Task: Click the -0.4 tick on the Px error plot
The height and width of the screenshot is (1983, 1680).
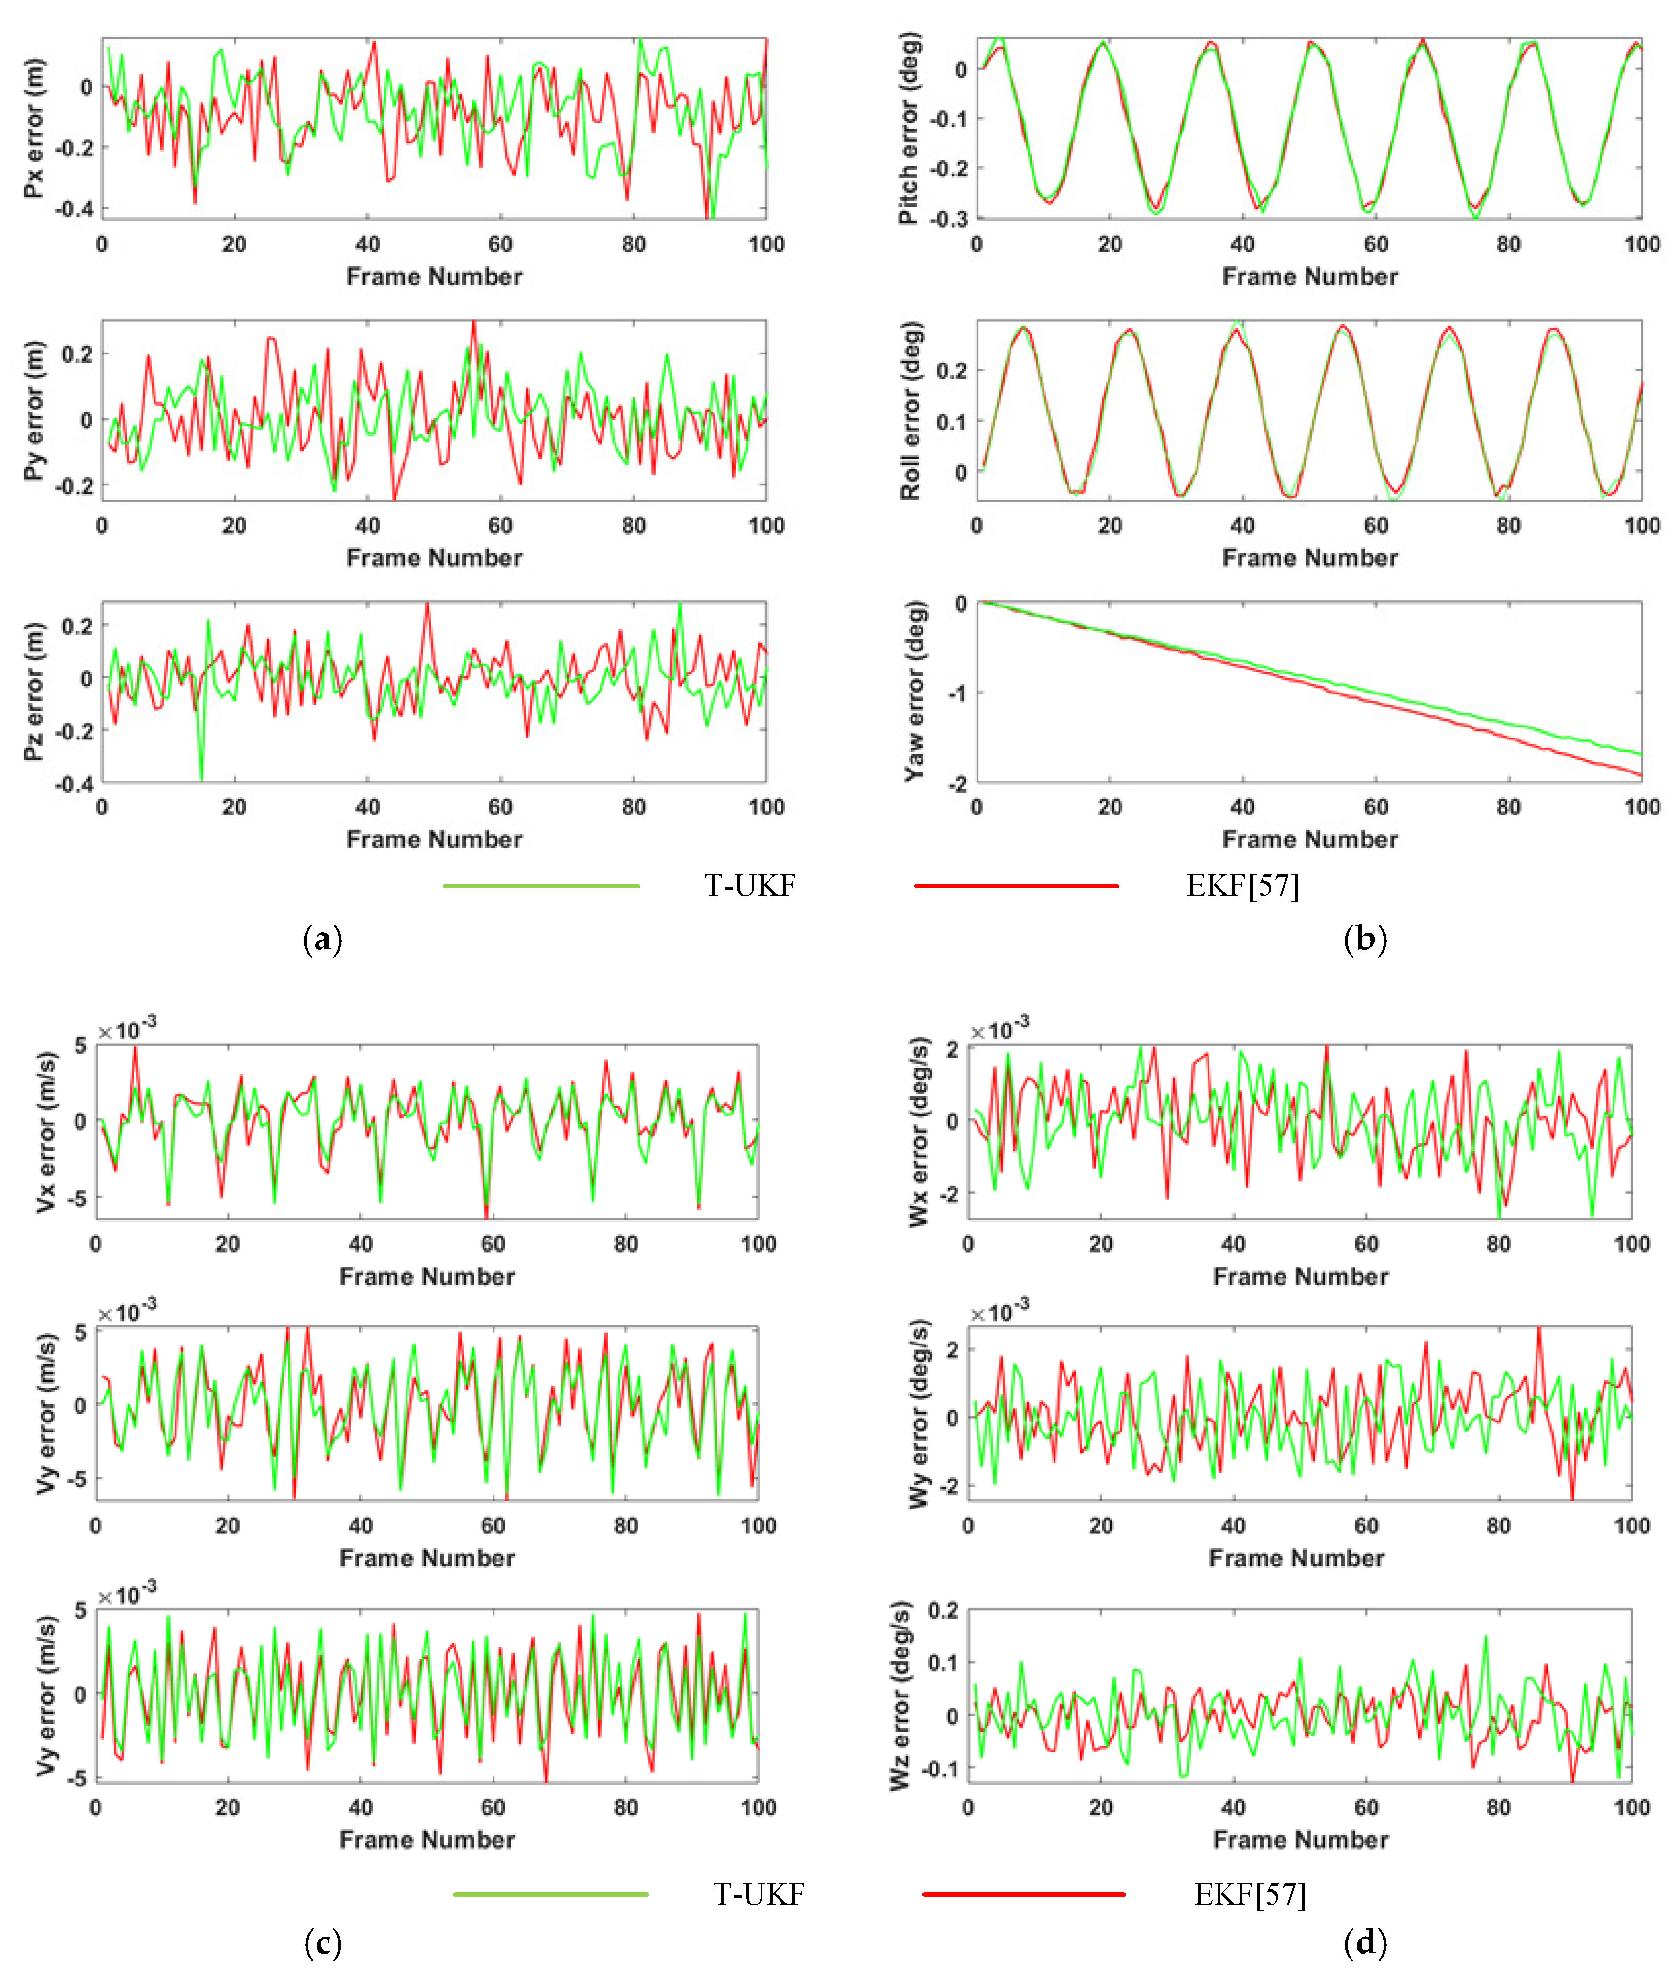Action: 74,209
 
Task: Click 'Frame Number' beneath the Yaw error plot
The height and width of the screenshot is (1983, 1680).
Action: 1309,839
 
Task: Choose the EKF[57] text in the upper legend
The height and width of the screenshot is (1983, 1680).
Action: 1242,886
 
